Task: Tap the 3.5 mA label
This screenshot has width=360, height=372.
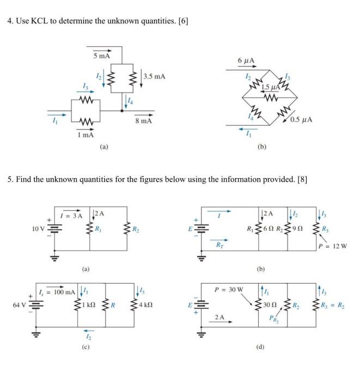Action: [154, 76]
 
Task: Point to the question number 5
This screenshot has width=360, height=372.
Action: [9, 180]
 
